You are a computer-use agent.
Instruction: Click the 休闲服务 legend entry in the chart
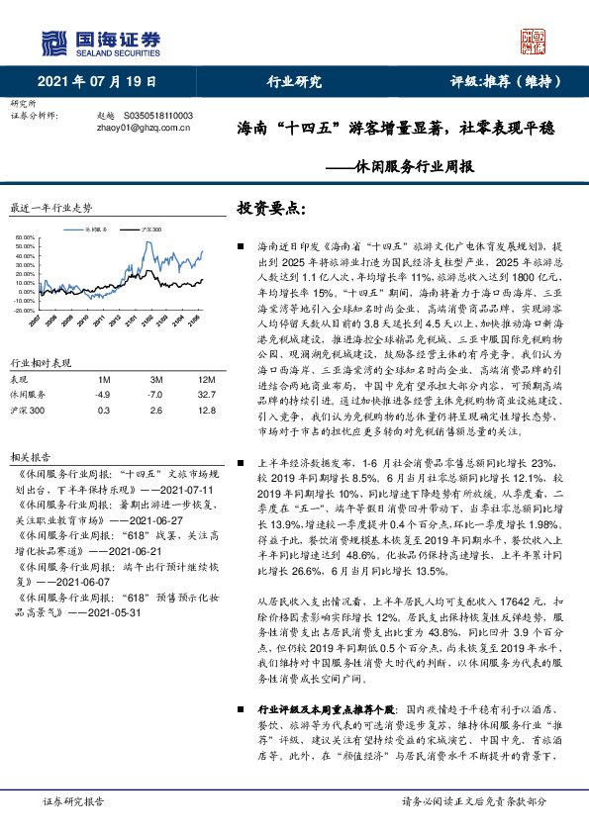[104, 228]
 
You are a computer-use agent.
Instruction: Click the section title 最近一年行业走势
[50, 209]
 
